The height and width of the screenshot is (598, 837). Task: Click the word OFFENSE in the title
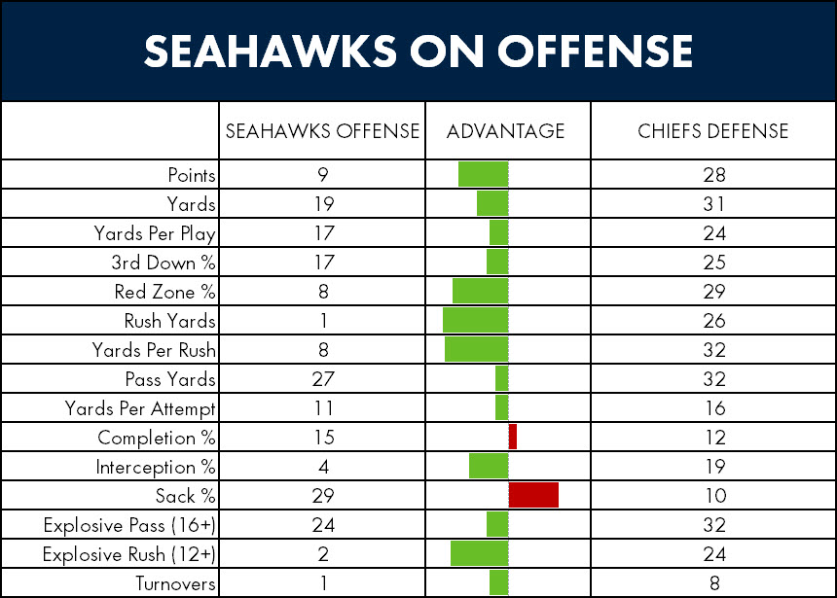pyautogui.click(x=595, y=52)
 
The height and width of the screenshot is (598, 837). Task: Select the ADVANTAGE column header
pyautogui.click(x=505, y=131)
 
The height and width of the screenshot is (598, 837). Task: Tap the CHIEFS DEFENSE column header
pyautogui.click(x=713, y=131)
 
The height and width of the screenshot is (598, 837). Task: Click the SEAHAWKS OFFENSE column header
pyautogui.click(x=322, y=131)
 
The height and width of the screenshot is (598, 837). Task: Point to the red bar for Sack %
pyautogui.click(x=533, y=495)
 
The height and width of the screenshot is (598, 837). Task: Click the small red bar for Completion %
pyautogui.click(x=513, y=437)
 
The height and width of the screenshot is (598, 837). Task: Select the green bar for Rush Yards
pyautogui.click(x=476, y=320)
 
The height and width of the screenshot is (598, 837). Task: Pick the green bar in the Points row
pyautogui.click(x=484, y=174)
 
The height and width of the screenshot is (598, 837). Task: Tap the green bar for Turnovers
pyautogui.click(x=499, y=582)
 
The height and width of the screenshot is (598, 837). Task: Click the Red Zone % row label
pyautogui.click(x=164, y=292)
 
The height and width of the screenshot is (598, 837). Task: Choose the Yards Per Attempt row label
pyautogui.click(x=140, y=408)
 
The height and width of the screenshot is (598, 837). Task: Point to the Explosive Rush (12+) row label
pyautogui.click(x=129, y=555)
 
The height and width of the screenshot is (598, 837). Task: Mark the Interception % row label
pyautogui.click(x=156, y=468)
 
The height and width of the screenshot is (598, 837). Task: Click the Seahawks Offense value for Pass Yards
pyautogui.click(x=323, y=379)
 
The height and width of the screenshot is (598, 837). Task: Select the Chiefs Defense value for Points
pyautogui.click(x=714, y=174)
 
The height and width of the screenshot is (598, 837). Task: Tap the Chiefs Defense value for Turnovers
pyautogui.click(x=714, y=583)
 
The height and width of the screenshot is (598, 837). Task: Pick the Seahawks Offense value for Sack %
pyautogui.click(x=323, y=496)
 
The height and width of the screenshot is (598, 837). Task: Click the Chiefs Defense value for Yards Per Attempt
pyautogui.click(x=715, y=408)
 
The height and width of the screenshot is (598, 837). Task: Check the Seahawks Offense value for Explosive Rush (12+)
pyautogui.click(x=323, y=554)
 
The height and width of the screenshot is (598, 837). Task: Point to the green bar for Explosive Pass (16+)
pyautogui.click(x=497, y=524)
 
